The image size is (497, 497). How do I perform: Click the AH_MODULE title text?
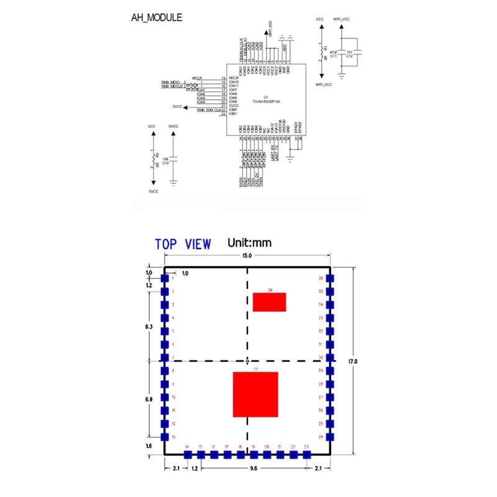point(156,17)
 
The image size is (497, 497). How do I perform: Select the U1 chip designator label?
point(265,97)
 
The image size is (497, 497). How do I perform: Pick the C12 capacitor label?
point(349,56)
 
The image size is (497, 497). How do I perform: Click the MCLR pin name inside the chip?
point(234,78)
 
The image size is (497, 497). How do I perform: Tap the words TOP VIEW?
point(183,244)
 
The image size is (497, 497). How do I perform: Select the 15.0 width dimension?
point(247,255)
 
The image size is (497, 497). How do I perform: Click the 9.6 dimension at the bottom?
point(253,468)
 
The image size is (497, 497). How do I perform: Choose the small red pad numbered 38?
point(269,302)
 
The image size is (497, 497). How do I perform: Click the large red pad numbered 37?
point(255,394)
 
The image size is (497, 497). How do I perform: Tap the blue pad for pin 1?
point(165,278)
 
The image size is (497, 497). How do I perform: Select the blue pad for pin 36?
point(331,278)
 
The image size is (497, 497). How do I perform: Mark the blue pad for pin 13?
point(165,437)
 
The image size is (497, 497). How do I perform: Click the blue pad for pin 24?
point(331,437)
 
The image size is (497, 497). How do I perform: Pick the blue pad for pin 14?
point(187,455)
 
